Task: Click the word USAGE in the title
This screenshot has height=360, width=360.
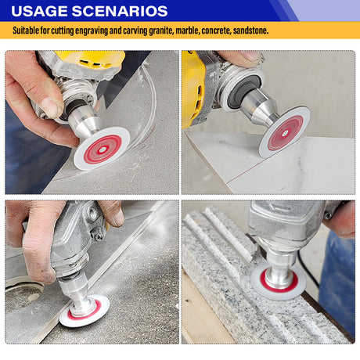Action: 39,11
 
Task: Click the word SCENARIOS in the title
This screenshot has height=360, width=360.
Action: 120,11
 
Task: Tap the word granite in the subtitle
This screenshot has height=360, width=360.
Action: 161,31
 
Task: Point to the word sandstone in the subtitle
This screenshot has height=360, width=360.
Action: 250,31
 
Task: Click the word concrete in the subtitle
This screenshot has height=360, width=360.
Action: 216,31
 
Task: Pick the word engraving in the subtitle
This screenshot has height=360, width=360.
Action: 92,31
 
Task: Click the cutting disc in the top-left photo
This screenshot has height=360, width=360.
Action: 101,149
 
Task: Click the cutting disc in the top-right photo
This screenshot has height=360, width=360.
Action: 284,132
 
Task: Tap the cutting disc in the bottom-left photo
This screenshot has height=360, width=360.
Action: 84,311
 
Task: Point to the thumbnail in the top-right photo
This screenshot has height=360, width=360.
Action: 250,56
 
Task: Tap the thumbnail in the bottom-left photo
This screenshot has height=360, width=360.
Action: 119,218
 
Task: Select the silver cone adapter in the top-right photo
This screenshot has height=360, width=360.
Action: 260,107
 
